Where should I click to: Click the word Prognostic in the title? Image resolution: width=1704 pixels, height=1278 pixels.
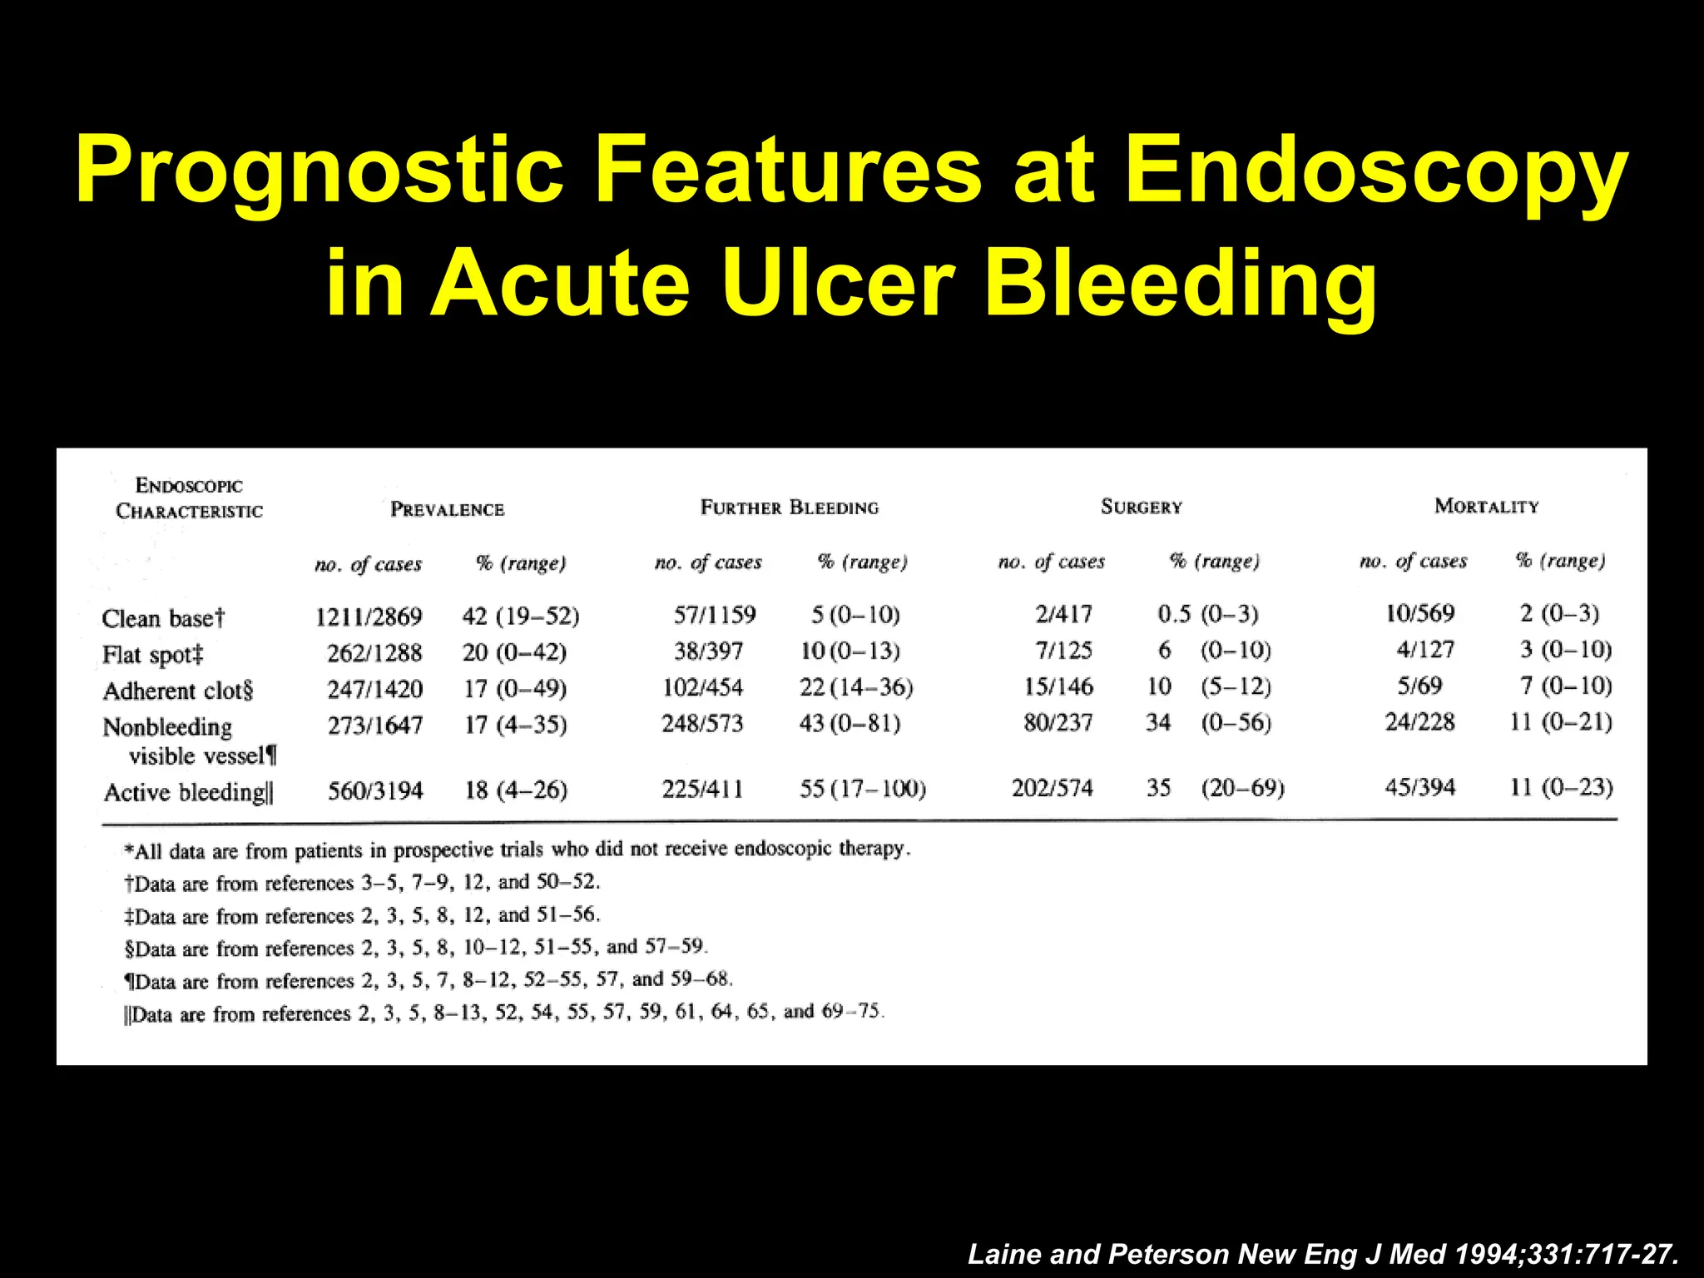319,171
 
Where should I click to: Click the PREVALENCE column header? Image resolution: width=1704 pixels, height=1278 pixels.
448,509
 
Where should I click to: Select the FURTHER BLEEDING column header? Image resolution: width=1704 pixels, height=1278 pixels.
789,508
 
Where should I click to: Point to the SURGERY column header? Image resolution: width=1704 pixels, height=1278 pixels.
1142,507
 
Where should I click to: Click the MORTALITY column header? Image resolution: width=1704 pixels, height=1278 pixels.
1487,506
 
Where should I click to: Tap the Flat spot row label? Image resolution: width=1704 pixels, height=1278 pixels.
152,655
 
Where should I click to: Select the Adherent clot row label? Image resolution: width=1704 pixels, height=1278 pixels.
177,691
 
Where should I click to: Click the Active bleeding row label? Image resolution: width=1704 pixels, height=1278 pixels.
188,792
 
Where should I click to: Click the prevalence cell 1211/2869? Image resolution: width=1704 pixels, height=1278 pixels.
369,617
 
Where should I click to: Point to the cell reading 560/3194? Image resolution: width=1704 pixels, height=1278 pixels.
375,790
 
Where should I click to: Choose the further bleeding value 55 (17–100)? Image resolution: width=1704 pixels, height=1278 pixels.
862,788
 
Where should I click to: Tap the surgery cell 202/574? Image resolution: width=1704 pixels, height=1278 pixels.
1052,788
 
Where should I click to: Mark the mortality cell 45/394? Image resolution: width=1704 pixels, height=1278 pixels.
1420,787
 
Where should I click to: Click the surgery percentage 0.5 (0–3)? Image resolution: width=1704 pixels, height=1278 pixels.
1207,614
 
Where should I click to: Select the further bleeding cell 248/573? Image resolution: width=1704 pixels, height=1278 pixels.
702,723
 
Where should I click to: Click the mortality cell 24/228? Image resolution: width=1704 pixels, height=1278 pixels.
1419,721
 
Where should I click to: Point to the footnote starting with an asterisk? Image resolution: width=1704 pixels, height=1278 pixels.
517,850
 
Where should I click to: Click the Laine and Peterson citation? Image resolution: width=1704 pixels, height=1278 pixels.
1322,1254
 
